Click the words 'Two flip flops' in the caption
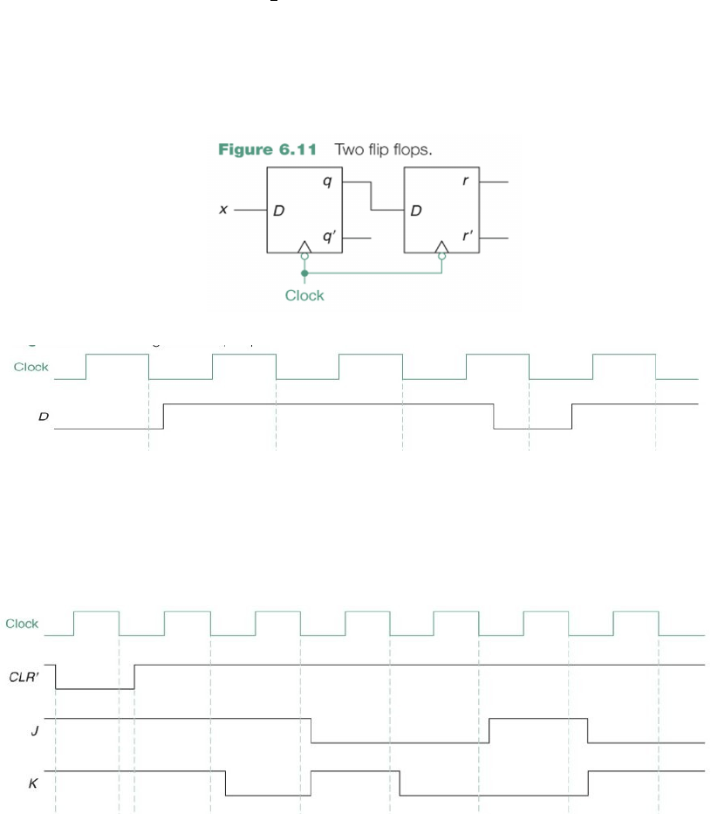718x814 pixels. pos(384,149)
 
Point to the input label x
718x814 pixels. pos(224,210)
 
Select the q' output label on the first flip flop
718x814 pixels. pos(328,238)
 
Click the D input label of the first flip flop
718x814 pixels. pos(279,211)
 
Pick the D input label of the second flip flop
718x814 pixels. pos(416,211)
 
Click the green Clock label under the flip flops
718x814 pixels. pos(304,295)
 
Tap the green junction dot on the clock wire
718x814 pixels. pos(304,273)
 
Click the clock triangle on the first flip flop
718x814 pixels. pos(304,249)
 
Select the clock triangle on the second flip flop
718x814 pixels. pos(441,249)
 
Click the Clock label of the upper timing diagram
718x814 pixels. pos(31,367)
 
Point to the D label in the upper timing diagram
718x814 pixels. pos(42,417)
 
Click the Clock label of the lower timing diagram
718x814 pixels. pos(23,624)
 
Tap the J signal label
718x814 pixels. pos(34,730)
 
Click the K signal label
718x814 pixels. pos(33,783)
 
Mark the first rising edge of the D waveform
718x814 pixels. pos(164,417)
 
